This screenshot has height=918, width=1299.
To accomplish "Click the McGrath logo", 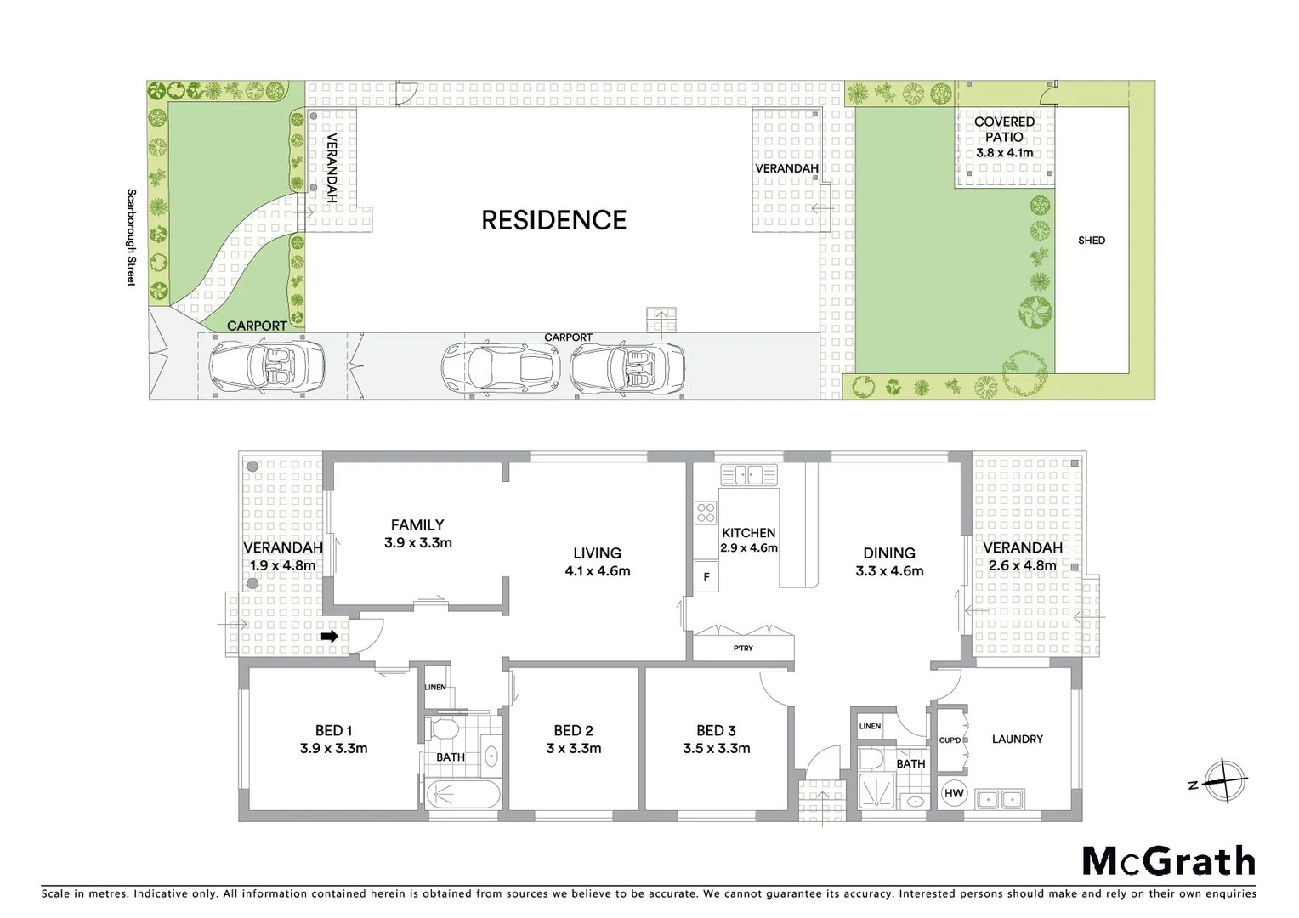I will tap(1168, 861).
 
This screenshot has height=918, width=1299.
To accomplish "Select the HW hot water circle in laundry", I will tap(954, 793).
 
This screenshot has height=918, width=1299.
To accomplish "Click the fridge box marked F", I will tap(706, 576).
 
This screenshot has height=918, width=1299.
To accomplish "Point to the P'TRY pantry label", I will tap(742, 649).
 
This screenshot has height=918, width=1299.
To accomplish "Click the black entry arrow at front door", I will tap(330, 636).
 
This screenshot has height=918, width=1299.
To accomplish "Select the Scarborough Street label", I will tap(131, 237).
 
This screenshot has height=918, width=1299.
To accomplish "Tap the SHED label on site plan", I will tap(1091, 241).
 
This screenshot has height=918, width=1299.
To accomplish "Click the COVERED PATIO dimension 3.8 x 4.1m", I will tap(1004, 153).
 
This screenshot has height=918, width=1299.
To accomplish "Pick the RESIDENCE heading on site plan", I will tap(553, 220).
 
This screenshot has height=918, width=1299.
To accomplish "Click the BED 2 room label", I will tap(573, 730).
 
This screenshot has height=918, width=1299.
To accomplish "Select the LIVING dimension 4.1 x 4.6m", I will tap(597, 571).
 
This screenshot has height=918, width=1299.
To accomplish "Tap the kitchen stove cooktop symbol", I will tap(706, 513).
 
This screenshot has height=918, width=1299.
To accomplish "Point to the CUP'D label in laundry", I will tap(950, 739).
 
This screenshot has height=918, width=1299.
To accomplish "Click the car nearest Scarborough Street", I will tap(267, 365).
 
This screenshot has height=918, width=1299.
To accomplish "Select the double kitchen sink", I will tap(748, 474).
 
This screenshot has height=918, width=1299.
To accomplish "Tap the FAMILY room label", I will tap(417, 525).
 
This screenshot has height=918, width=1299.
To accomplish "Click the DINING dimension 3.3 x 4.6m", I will tap(889, 571).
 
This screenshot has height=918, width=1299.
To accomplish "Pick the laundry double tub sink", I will tap(1000, 799).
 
